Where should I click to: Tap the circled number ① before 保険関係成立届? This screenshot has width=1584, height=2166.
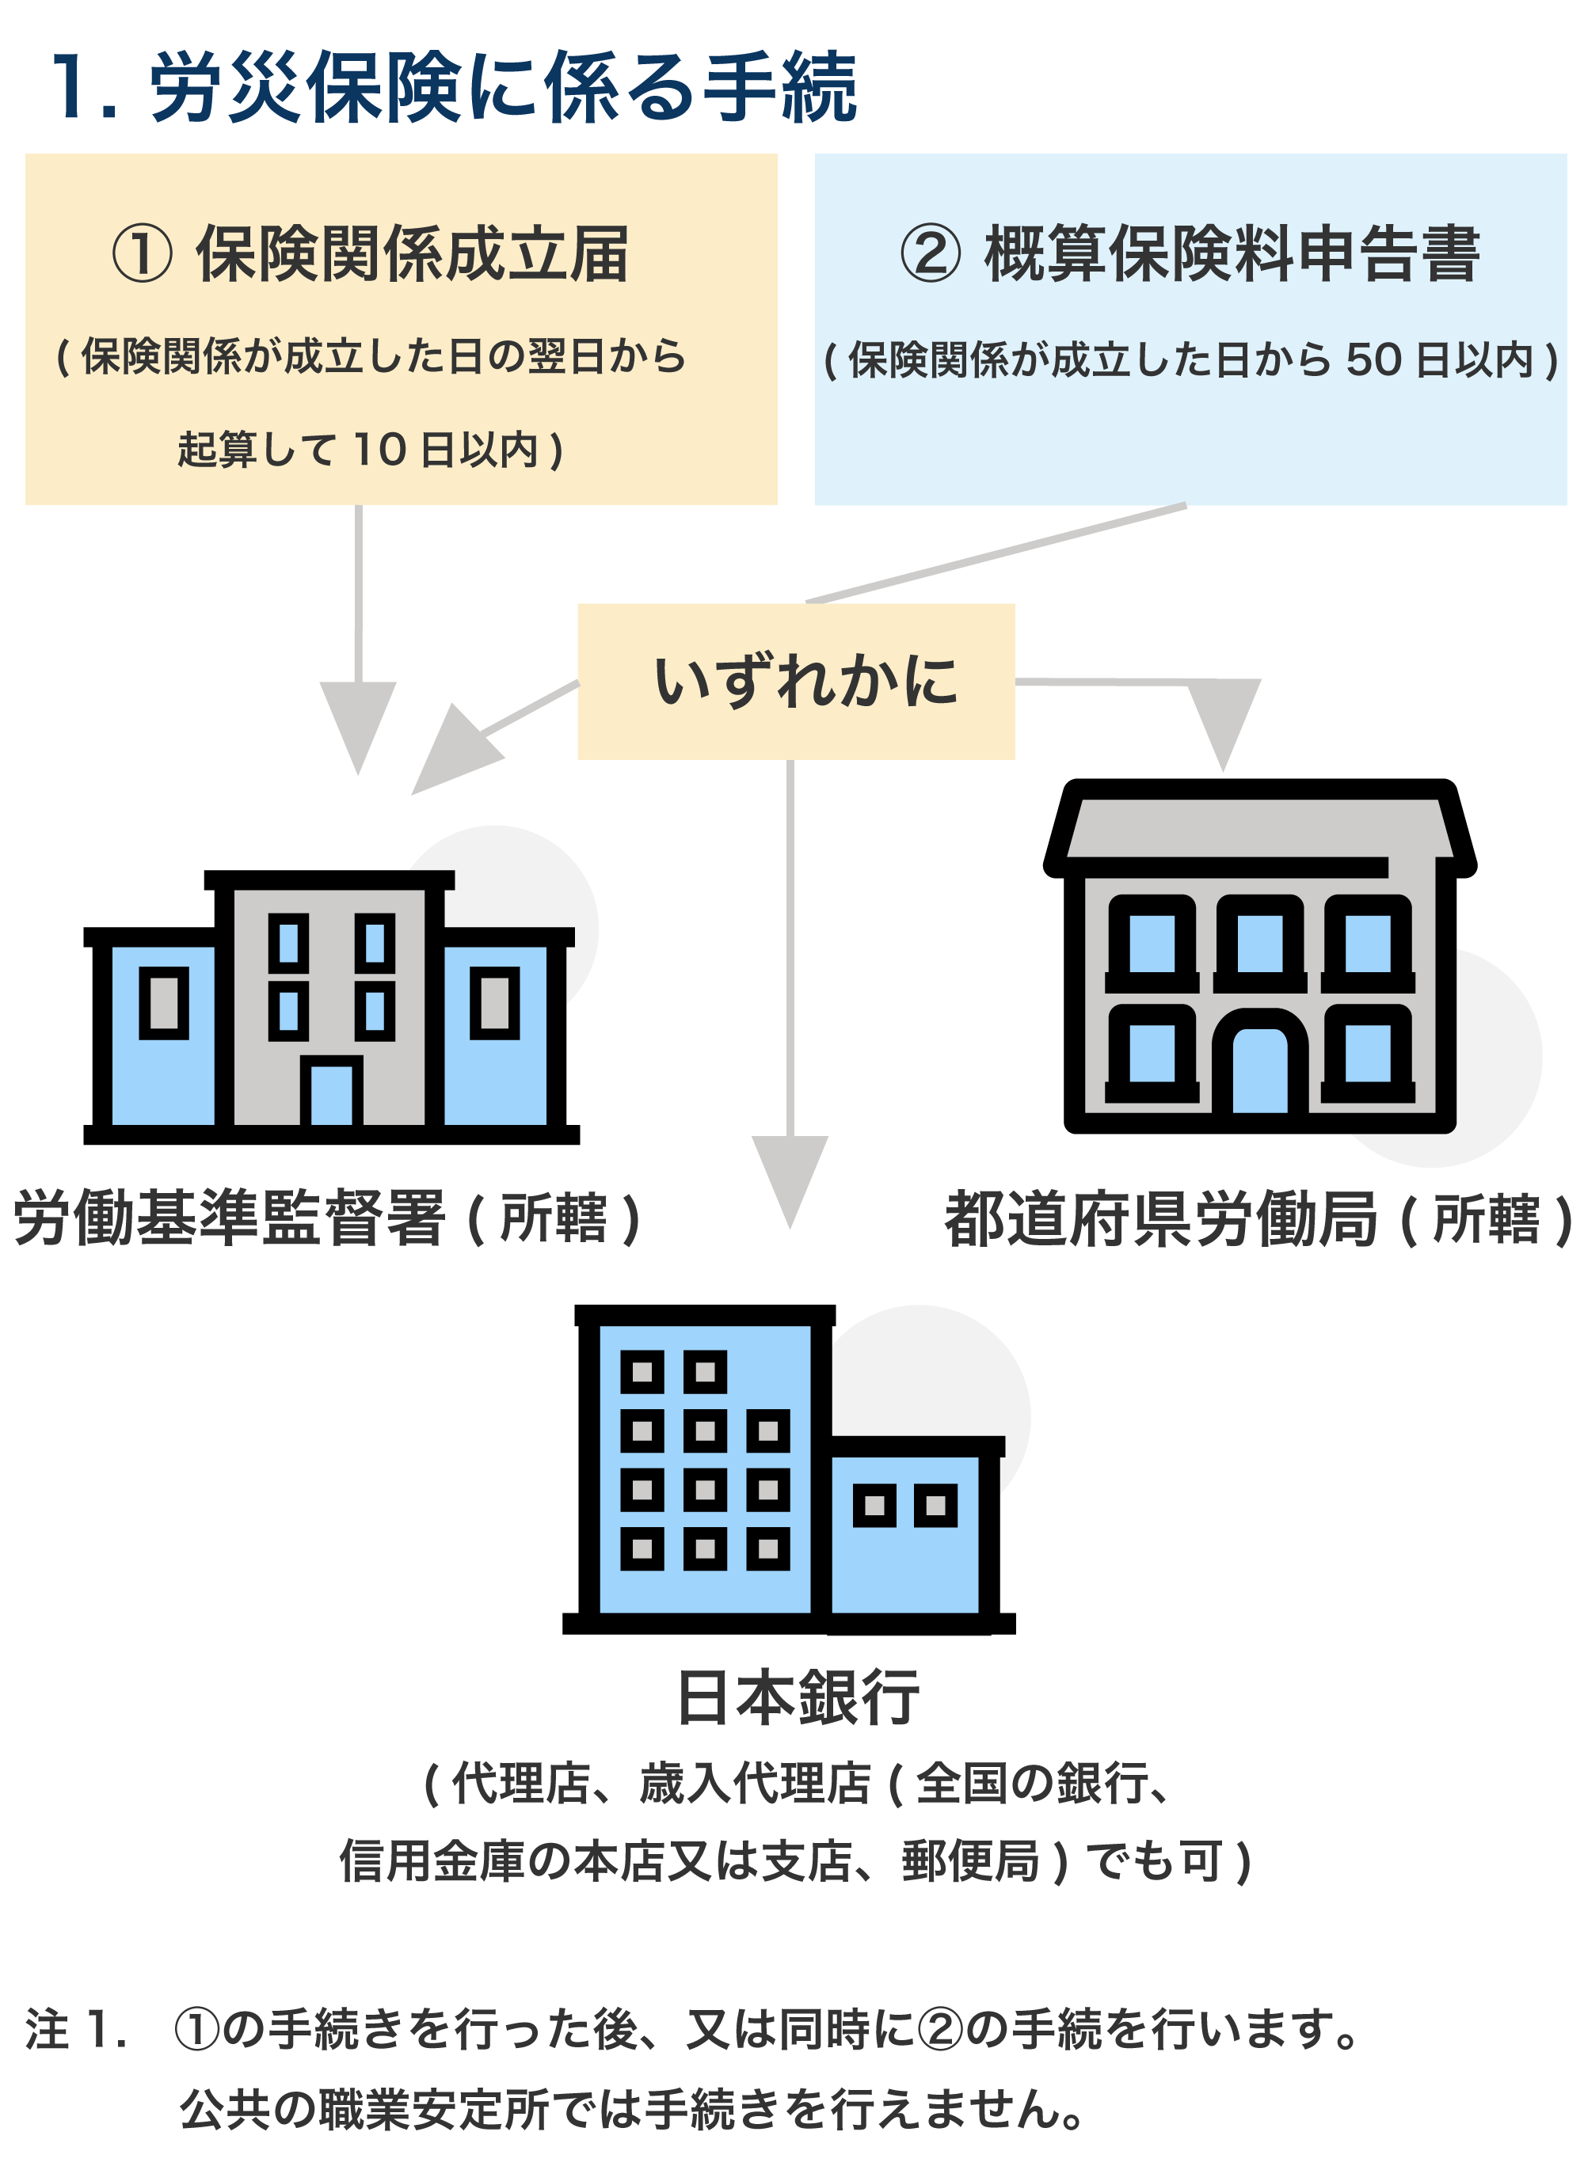[142, 254]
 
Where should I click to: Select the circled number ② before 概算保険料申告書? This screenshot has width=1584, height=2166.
[929, 254]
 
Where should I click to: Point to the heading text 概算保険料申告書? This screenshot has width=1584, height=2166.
[1232, 255]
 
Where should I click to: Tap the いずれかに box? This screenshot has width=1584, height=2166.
[795, 682]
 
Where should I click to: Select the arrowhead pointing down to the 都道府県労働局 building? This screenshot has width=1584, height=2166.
[1223, 720]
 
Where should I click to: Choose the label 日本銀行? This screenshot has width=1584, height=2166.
[798, 1697]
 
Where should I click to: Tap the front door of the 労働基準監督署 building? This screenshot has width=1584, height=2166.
[332, 1093]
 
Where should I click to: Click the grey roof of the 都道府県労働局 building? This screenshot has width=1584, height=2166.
[1259, 828]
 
